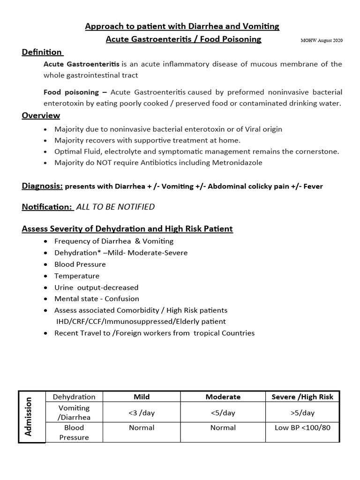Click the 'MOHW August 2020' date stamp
click(x=321, y=40)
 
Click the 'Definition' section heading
click(x=42, y=52)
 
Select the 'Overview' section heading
click(x=41, y=115)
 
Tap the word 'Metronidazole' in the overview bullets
click(x=239, y=163)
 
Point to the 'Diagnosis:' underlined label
click(x=42, y=186)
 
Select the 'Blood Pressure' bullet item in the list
click(x=80, y=264)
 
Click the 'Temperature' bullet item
click(x=77, y=276)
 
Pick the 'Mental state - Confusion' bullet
click(x=97, y=299)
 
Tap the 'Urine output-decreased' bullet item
click(x=96, y=287)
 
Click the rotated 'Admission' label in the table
click(x=28, y=416)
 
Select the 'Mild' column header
click(x=142, y=397)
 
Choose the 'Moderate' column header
click(x=223, y=397)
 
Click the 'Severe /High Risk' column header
click(x=302, y=397)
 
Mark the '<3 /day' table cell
click(x=142, y=412)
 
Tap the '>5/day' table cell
click(x=302, y=412)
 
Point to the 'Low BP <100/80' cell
click(x=302, y=427)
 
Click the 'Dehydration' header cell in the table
click(x=74, y=397)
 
